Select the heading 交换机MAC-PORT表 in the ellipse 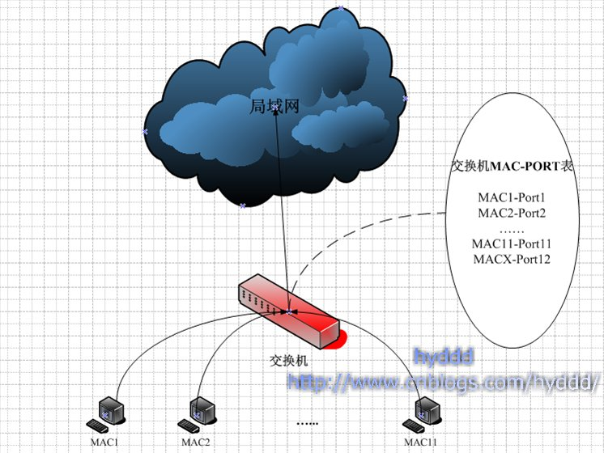pyautogui.click(x=513, y=166)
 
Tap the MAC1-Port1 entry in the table pyautogui.click(x=513, y=198)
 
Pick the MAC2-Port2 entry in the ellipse pyautogui.click(x=513, y=214)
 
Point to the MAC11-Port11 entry pyautogui.click(x=513, y=243)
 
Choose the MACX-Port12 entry pyautogui.click(x=513, y=259)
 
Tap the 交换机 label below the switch pyautogui.click(x=288, y=360)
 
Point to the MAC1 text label pyautogui.click(x=104, y=442)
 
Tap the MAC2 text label pyautogui.click(x=196, y=442)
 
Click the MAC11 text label pyautogui.click(x=421, y=442)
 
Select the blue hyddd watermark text pyautogui.click(x=443, y=356)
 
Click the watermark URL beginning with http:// pyautogui.click(x=444, y=379)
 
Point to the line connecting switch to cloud pyautogui.click(x=281, y=210)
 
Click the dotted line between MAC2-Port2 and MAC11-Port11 pyautogui.click(x=513, y=229)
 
